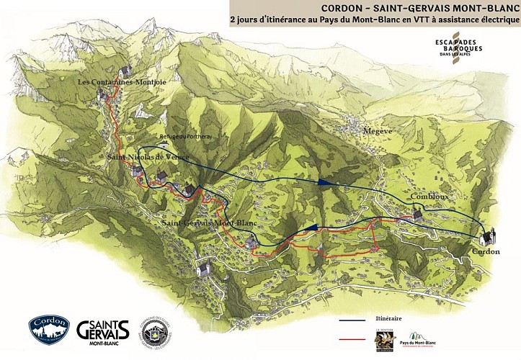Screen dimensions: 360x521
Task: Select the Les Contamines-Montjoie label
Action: (x=123, y=83)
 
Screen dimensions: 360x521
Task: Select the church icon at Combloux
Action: (x=417, y=214)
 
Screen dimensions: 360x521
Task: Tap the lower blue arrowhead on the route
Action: (x=311, y=228)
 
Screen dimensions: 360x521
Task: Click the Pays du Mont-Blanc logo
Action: (x=427, y=338)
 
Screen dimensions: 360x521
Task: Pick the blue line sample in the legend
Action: (x=357, y=318)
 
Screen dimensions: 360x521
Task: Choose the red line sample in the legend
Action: (x=357, y=336)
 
